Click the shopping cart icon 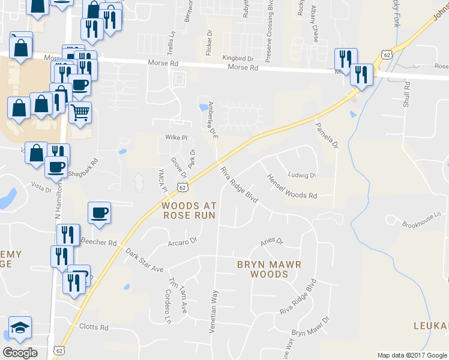point(80,111)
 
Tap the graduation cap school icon point(20,327)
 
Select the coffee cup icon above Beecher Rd point(99,212)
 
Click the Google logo point(20,352)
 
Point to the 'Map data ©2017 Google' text point(412,355)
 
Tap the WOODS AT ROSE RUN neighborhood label point(188,210)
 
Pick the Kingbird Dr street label point(238,58)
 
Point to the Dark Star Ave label point(145,261)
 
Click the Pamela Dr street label point(327,136)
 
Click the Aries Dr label point(271,241)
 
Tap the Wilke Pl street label point(176,137)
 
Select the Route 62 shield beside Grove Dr point(182,187)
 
